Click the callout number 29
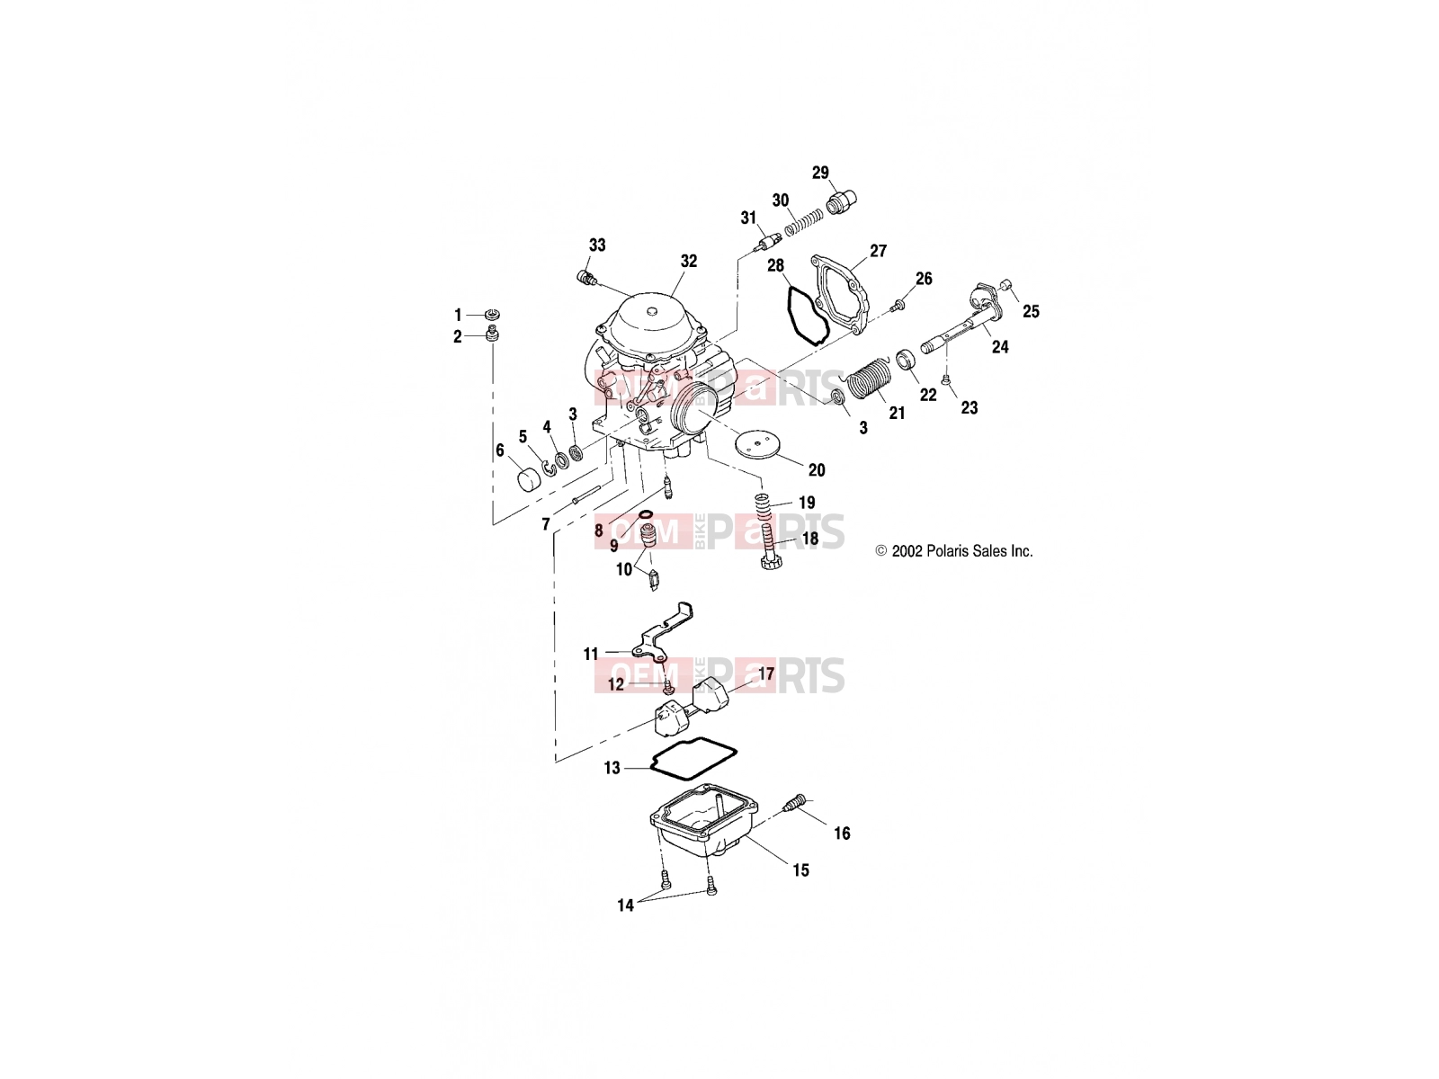[820, 173]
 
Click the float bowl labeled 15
[705, 825]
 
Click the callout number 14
[625, 905]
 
